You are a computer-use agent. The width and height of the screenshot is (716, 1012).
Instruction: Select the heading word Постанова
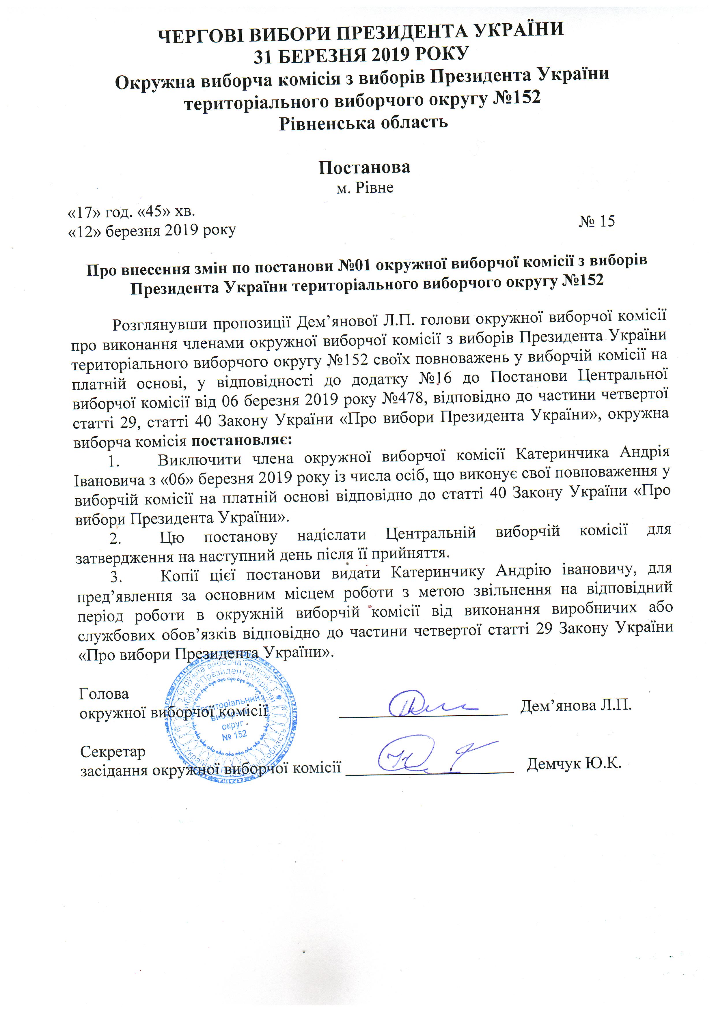[364, 167]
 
